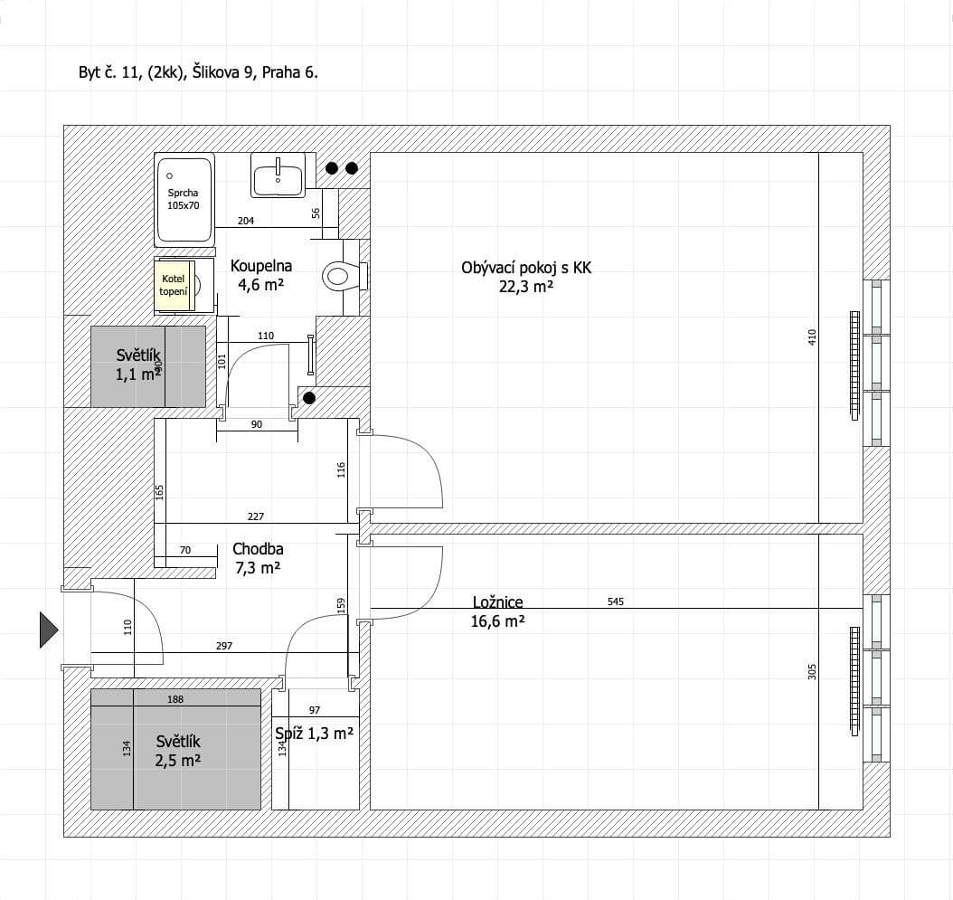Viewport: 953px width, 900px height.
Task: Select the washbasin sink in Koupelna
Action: click(278, 175)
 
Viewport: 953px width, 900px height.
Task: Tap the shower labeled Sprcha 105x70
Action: click(185, 199)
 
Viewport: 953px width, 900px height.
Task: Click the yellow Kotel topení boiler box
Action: click(174, 285)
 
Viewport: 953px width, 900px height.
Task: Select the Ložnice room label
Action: click(497, 602)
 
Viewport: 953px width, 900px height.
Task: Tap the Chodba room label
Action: click(258, 548)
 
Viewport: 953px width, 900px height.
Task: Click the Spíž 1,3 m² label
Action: click(314, 734)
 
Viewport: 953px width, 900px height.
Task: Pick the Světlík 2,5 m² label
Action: click(177, 751)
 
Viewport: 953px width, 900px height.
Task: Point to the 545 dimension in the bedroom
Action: click(617, 601)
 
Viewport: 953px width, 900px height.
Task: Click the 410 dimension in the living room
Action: click(811, 336)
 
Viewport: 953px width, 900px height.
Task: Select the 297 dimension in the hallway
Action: click(225, 646)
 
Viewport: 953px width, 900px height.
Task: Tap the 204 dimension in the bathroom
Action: click(245, 221)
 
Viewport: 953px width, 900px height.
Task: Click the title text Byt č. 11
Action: click(198, 73)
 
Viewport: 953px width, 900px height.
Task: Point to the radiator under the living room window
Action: click(854, 365)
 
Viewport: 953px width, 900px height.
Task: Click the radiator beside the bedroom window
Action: click(854, 680)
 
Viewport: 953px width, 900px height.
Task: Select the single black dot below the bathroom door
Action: click(309, 398)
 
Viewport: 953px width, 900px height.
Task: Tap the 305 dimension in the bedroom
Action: click(811, 672)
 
